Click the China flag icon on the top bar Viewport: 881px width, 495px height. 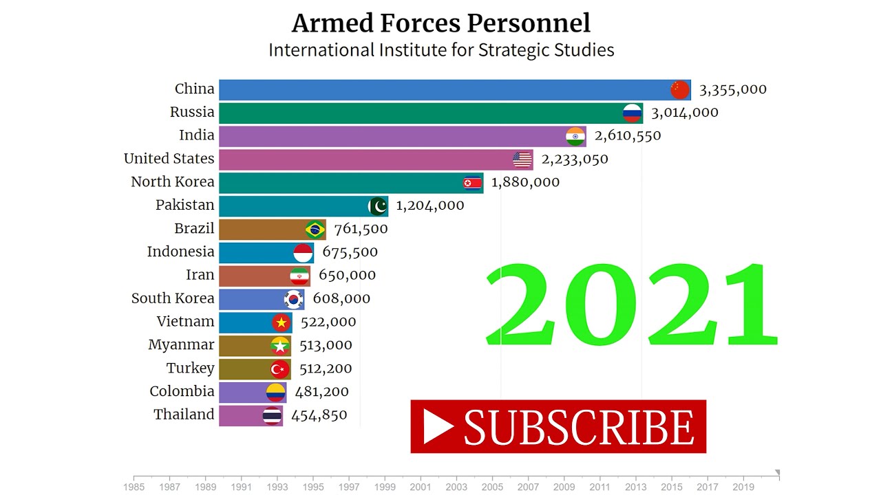[x=680, y=90]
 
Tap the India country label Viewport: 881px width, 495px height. [x=197, y=135]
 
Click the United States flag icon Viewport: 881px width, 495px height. [x=522, y=159]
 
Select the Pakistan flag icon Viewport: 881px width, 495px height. [x=378, y=206]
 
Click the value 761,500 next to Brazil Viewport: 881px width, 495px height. [x=361, y=229]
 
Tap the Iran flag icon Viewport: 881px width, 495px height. [x=300, y=276]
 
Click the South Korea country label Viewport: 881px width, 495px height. [x=173, y=298]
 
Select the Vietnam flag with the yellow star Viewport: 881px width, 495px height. [x=282, y=322]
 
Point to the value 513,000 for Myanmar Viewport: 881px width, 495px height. [x=326, y=345]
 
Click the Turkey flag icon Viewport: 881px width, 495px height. [x=280, y=369]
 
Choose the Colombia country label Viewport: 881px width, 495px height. [x=182, y=391]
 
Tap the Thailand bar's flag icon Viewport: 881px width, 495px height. [x=273, y=415]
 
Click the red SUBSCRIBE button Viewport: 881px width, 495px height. [x=558, y=426]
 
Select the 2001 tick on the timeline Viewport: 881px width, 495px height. [x=421, y=487]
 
